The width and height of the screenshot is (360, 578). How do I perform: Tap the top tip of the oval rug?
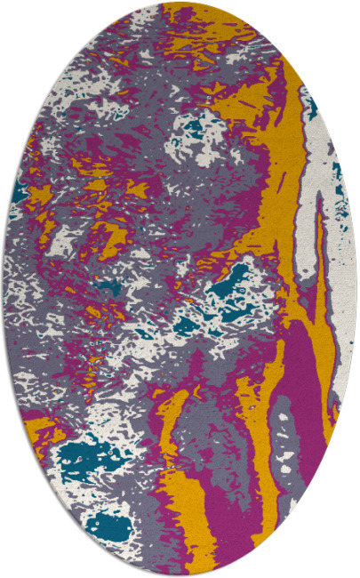180,3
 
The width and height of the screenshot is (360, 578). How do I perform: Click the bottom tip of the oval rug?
180,574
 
